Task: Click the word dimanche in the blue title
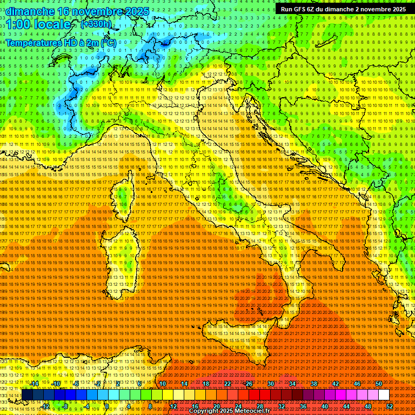point(30,11)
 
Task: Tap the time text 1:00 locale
point(38,25)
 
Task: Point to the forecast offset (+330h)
point(96,24)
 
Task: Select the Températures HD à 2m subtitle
point(61,42)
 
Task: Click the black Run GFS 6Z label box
point(343,9)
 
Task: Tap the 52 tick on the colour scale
point(390,406)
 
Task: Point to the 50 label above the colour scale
point(379,383)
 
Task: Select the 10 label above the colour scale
point(163,383)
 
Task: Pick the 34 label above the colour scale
point(292,383)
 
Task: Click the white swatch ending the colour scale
point(384,395)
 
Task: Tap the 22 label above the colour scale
point(227,383)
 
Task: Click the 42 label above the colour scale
point(336,383)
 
